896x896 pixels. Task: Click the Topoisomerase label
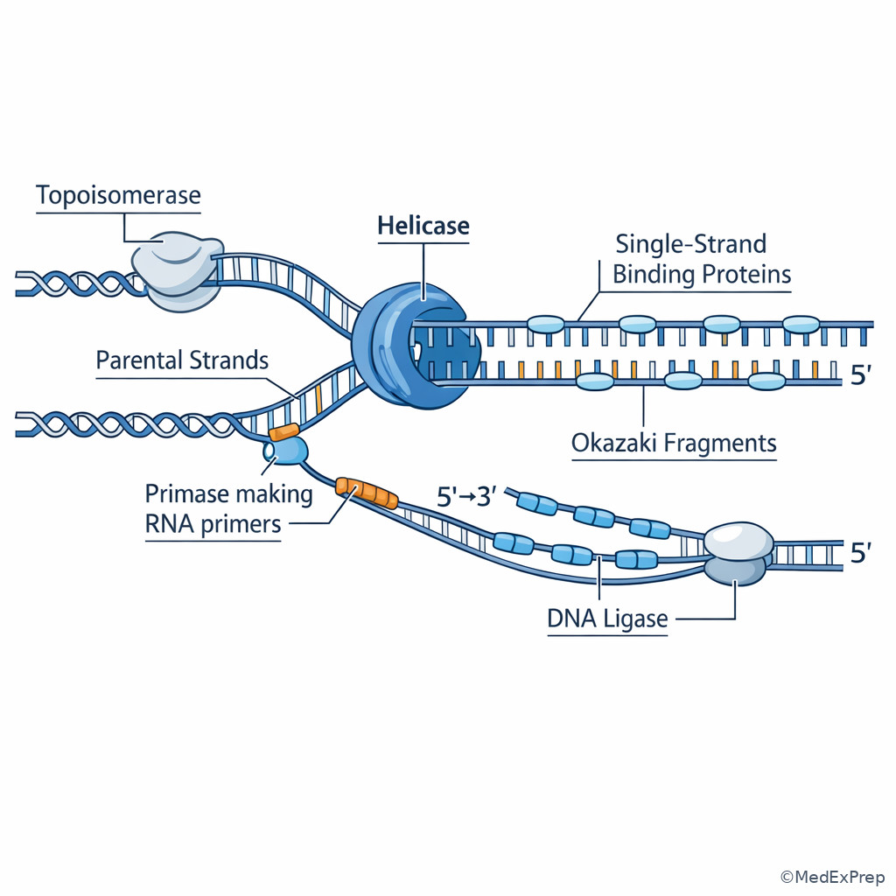coord(118,195)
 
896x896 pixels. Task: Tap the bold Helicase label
coord(423,227)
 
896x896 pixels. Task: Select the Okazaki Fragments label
coord(674,443)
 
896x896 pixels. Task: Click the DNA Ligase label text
coord(607,619)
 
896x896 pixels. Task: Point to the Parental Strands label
coord(182,360)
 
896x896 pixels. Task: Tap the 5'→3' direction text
coord(466,497)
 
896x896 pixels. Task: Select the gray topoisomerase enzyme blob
coord(177,269)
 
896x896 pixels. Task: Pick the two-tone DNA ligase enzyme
coord(738,554)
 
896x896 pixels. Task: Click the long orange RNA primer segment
coord(367,493)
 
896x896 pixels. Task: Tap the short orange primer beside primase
coord(284,431)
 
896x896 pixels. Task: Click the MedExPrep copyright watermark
coord(832,877)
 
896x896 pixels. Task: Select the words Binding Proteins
coord(701,275)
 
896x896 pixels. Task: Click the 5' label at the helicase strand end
coord(862,376)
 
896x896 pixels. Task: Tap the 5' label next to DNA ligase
coord(862,554)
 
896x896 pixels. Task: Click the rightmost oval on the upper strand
coord(801,324)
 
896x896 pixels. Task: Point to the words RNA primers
coord(213,524)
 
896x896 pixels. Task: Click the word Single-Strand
coord(690,243)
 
